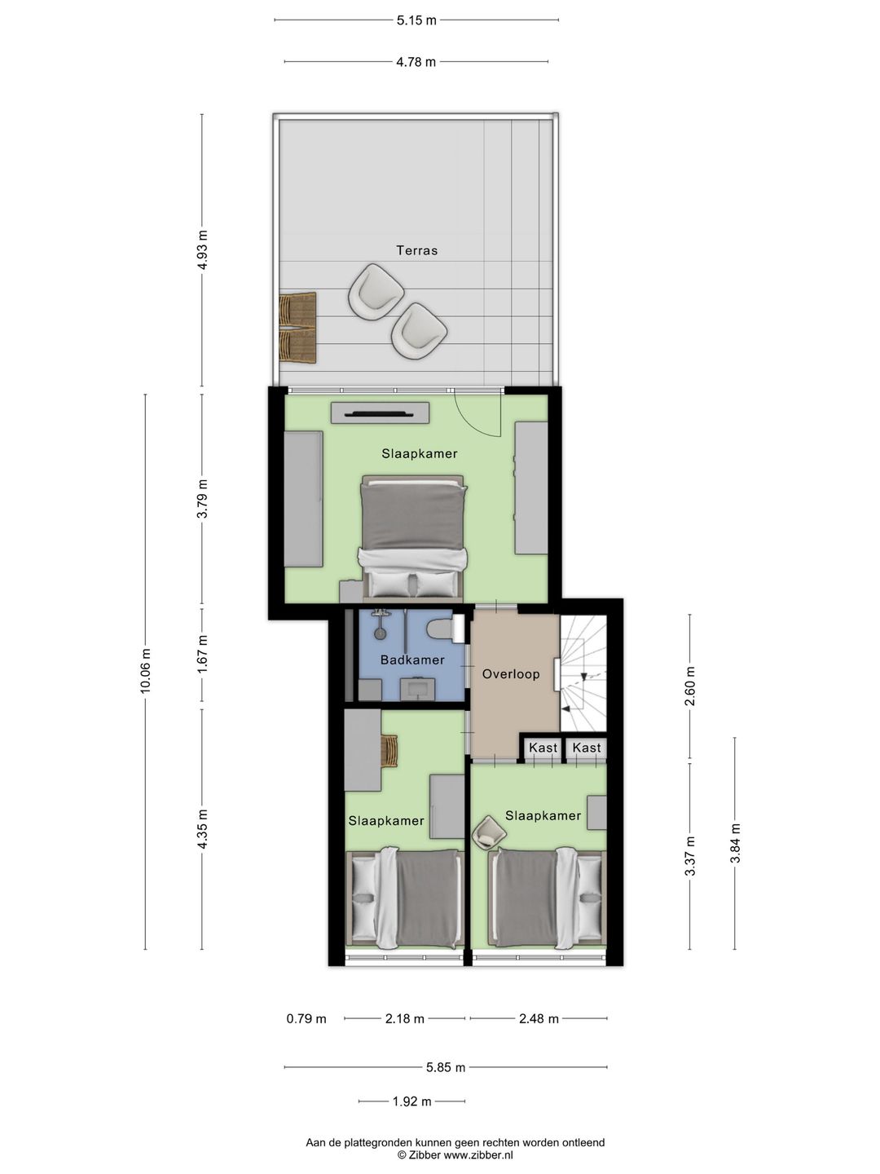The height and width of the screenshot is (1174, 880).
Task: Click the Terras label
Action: pos(416,250)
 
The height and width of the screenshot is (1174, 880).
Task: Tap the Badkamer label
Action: pos(412,660)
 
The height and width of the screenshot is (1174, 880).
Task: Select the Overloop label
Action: pos(511,674)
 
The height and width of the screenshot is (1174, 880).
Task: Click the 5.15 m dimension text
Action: pos(416,20)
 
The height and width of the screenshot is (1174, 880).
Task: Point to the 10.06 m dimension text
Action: pos(146,671)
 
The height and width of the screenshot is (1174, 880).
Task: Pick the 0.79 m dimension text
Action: pos(306,1019)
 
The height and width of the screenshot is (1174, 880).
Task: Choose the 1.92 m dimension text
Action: pos(412,1086)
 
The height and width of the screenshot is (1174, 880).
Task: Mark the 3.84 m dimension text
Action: pos(735,843)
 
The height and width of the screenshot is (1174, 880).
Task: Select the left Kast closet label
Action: pos(543,748)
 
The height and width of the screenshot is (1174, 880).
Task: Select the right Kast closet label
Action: pos(586,748)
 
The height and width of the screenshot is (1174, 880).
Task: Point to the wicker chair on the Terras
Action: pos(297,328)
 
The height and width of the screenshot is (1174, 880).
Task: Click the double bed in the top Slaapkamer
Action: pos(412,536)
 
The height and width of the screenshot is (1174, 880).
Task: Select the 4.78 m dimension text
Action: pos(416,62)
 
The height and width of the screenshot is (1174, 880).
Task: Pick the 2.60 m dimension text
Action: pos(690,686)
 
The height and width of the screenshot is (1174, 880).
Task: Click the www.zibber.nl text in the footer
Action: pos(478,1154)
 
